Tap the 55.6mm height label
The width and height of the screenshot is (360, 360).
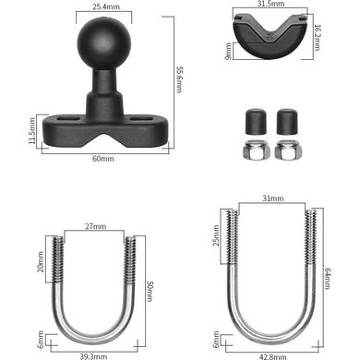point(179,79)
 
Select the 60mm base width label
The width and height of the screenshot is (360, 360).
point(103,159)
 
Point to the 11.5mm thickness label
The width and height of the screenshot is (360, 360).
point(31,130)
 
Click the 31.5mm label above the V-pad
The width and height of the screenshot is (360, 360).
point(271,4)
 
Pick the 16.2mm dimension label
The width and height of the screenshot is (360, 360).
point(317,37)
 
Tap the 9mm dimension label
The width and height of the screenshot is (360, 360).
point(228,51)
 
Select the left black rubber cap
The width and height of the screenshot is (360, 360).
point(256,122)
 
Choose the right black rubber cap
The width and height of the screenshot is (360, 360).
point(287,122)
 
